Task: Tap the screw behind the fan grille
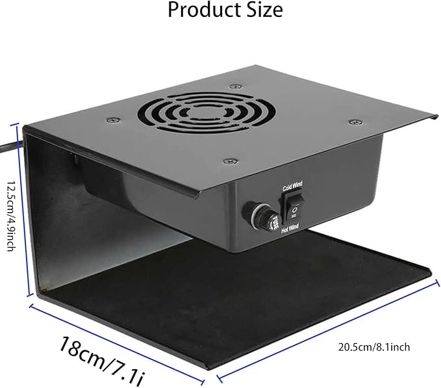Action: pos(232,86)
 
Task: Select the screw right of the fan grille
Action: pos(353,122)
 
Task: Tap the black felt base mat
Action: pos(260,286)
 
